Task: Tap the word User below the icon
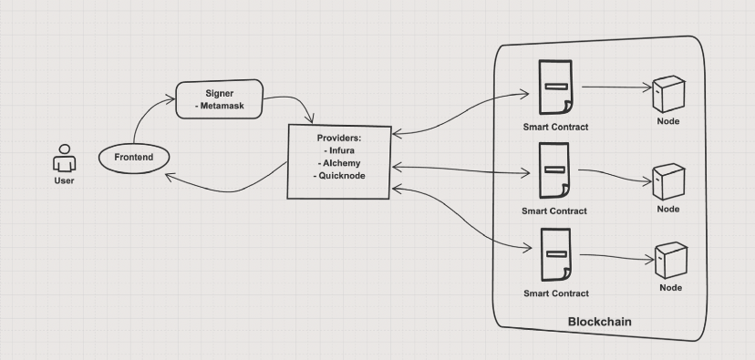click(63, 180)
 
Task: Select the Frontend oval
click(134, 158)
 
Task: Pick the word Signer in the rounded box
click(220, 94)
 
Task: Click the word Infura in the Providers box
click(339, 149)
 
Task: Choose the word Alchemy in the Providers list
click(339, 162)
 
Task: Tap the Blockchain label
click(599, 322)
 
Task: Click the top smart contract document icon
click(554, 88)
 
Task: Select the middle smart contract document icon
click(554, 171)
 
